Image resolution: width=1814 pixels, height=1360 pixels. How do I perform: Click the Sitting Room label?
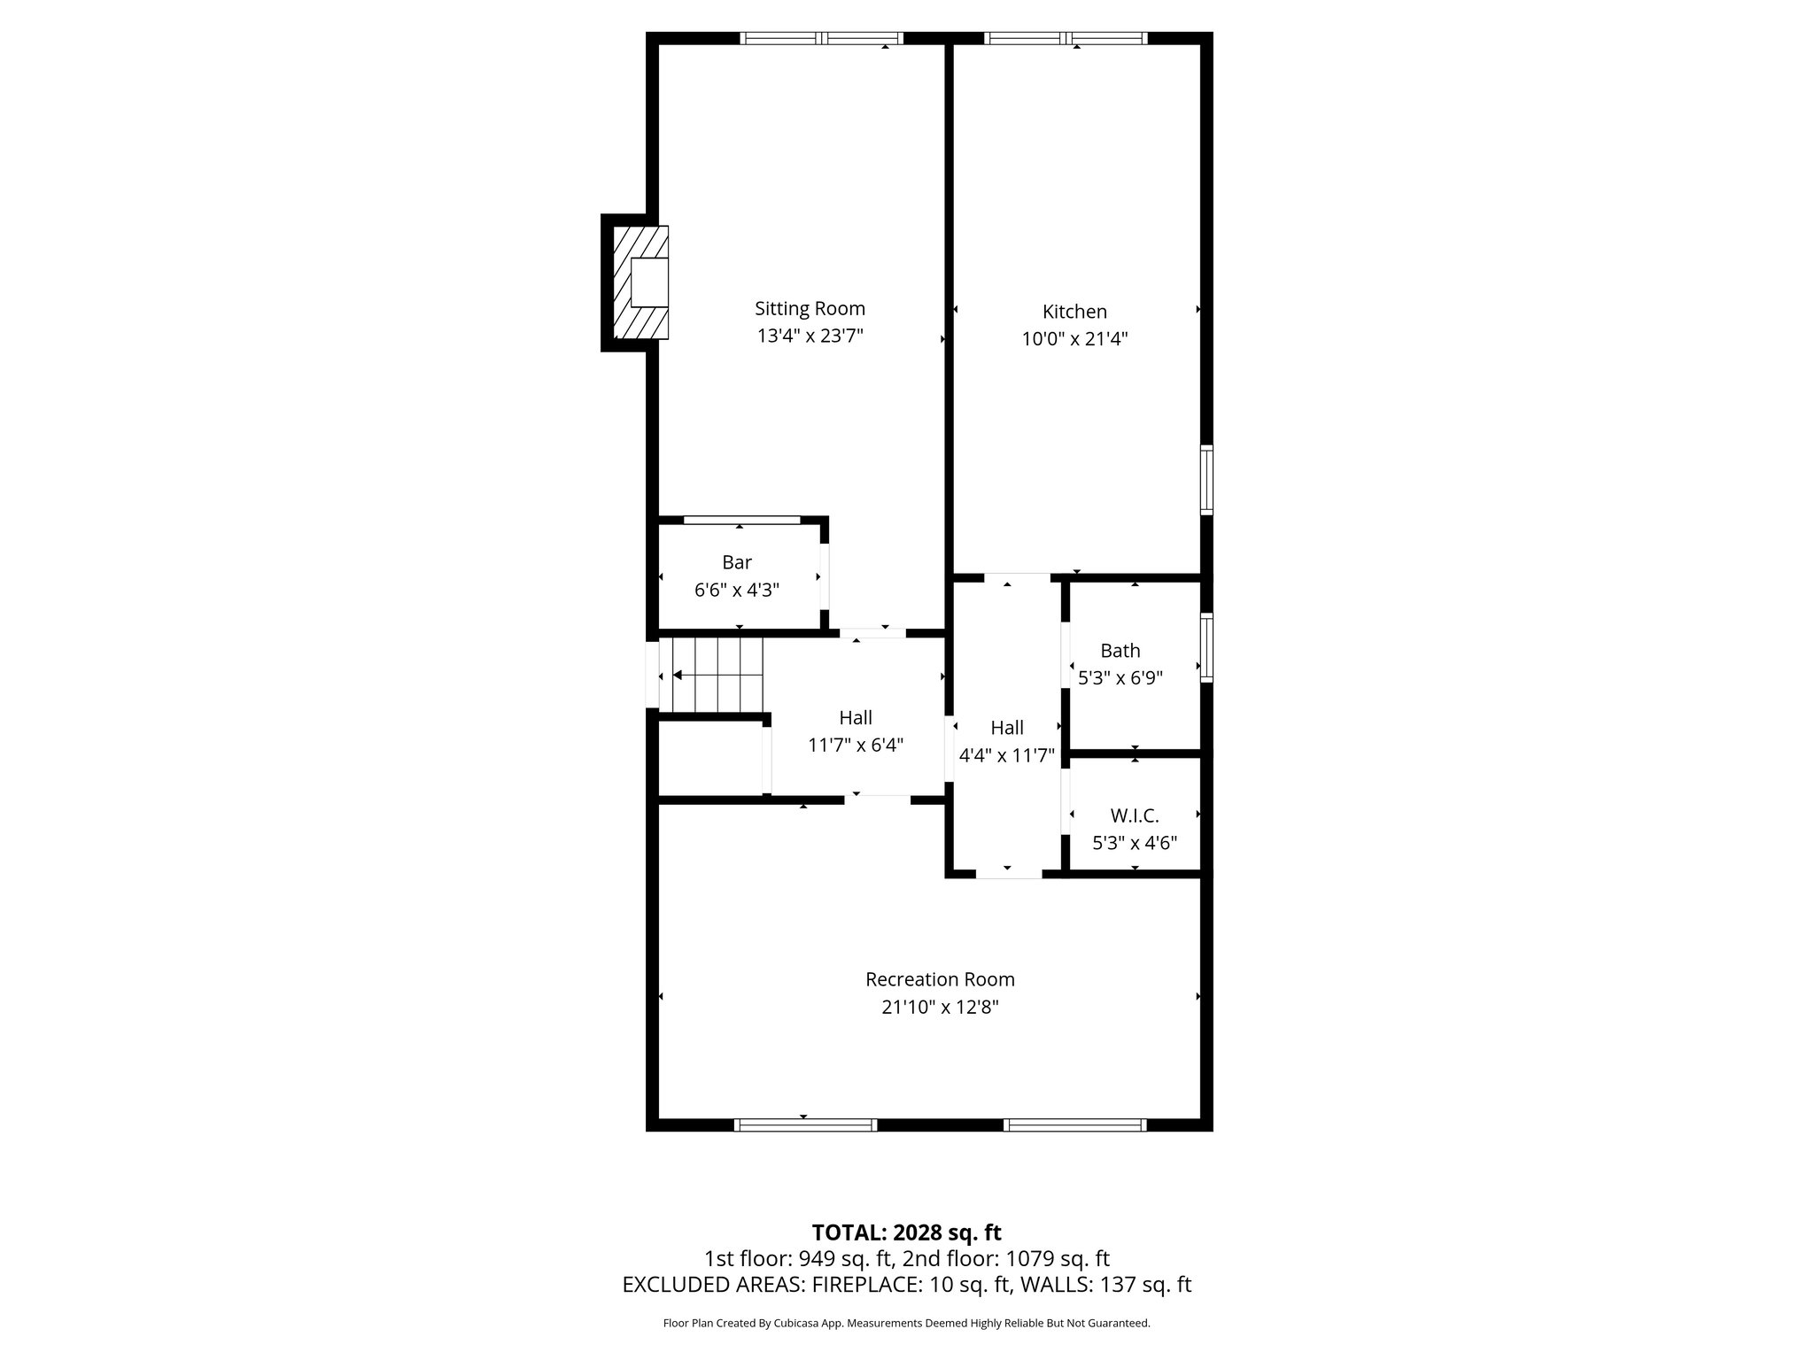(x=810, y=308)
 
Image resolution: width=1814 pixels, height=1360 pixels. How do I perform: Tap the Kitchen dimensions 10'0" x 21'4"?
(x=1074, y=339)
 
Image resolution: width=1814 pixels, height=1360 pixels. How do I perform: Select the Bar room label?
(x=737, y=562)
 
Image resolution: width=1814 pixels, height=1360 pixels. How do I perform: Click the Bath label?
(x=1120, y=651)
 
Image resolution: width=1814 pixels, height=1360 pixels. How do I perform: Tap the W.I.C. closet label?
(x=1134, y=815)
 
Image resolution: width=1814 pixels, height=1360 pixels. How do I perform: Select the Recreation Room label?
(x=940, y=979)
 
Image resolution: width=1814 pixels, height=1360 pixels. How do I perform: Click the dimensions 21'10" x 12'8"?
(x=940, y=1008)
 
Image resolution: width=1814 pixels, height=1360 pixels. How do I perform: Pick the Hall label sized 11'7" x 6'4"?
(x=856, y=718)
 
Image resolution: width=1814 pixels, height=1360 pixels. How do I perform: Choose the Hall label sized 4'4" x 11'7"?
(x=1007, y=728)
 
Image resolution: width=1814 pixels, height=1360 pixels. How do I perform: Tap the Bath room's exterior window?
(x=1206, y=647)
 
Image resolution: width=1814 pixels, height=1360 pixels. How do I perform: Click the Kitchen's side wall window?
(x=1206, y=480)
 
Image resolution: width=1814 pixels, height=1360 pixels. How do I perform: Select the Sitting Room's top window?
(x=821, y=38)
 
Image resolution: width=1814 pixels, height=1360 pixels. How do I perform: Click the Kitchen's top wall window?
(x=1066, y=38)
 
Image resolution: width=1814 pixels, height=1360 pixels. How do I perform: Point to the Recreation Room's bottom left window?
(x=805, y=1125)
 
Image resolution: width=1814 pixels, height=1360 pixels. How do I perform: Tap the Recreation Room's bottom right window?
(x=1074, y=1125)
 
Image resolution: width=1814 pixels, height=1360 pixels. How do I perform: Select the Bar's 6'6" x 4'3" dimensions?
(x=737, y=591)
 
